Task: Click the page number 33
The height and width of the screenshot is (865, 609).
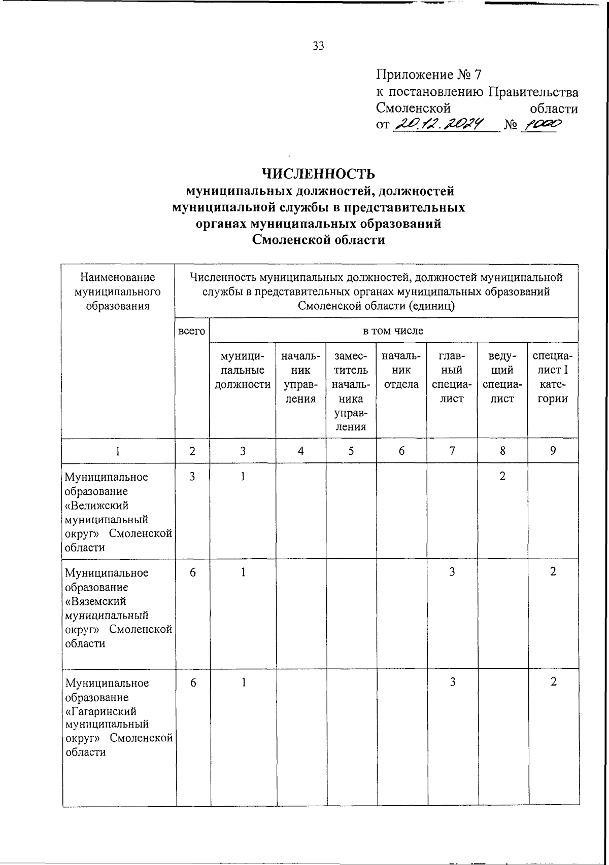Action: pos(318,46)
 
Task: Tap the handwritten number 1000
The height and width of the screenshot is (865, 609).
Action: pos(542,124)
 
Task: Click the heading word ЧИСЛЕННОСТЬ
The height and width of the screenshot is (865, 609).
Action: pos(318,174)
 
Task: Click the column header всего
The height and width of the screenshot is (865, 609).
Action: pos(192,331)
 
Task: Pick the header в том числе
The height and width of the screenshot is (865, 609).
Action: pos(393,331)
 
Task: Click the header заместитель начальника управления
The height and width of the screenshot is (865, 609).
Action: pos(351,391)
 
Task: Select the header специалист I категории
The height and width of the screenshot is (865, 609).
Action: pos(553,377)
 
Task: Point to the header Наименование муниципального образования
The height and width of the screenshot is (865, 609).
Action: pos(118,292)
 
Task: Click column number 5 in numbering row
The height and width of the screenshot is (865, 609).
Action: pos(351,451)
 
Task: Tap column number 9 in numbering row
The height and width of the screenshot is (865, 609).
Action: pos(553,451)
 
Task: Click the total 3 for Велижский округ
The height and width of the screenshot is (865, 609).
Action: pos(192,477)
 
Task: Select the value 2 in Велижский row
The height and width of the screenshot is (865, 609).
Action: pos(502,477)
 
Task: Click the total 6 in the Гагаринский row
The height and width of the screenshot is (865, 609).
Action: pos(193,682)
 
